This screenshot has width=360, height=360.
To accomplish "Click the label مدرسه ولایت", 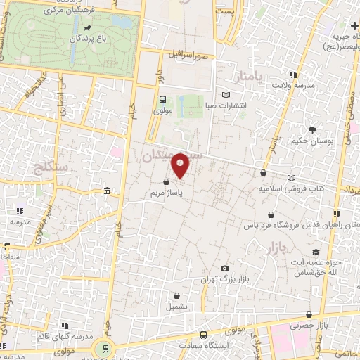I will coord(291,85).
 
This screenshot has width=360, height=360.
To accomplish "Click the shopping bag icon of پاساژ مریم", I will coord(166,181).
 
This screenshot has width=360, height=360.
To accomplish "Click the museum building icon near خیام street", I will coord(107,191).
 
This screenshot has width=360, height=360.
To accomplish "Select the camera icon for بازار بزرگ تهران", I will coord(224,269).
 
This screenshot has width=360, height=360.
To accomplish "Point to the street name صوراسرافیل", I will coord(189,54).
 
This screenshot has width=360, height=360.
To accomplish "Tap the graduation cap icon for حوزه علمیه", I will coord(316,252).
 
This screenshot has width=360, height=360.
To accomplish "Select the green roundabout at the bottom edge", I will coord(103,349).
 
